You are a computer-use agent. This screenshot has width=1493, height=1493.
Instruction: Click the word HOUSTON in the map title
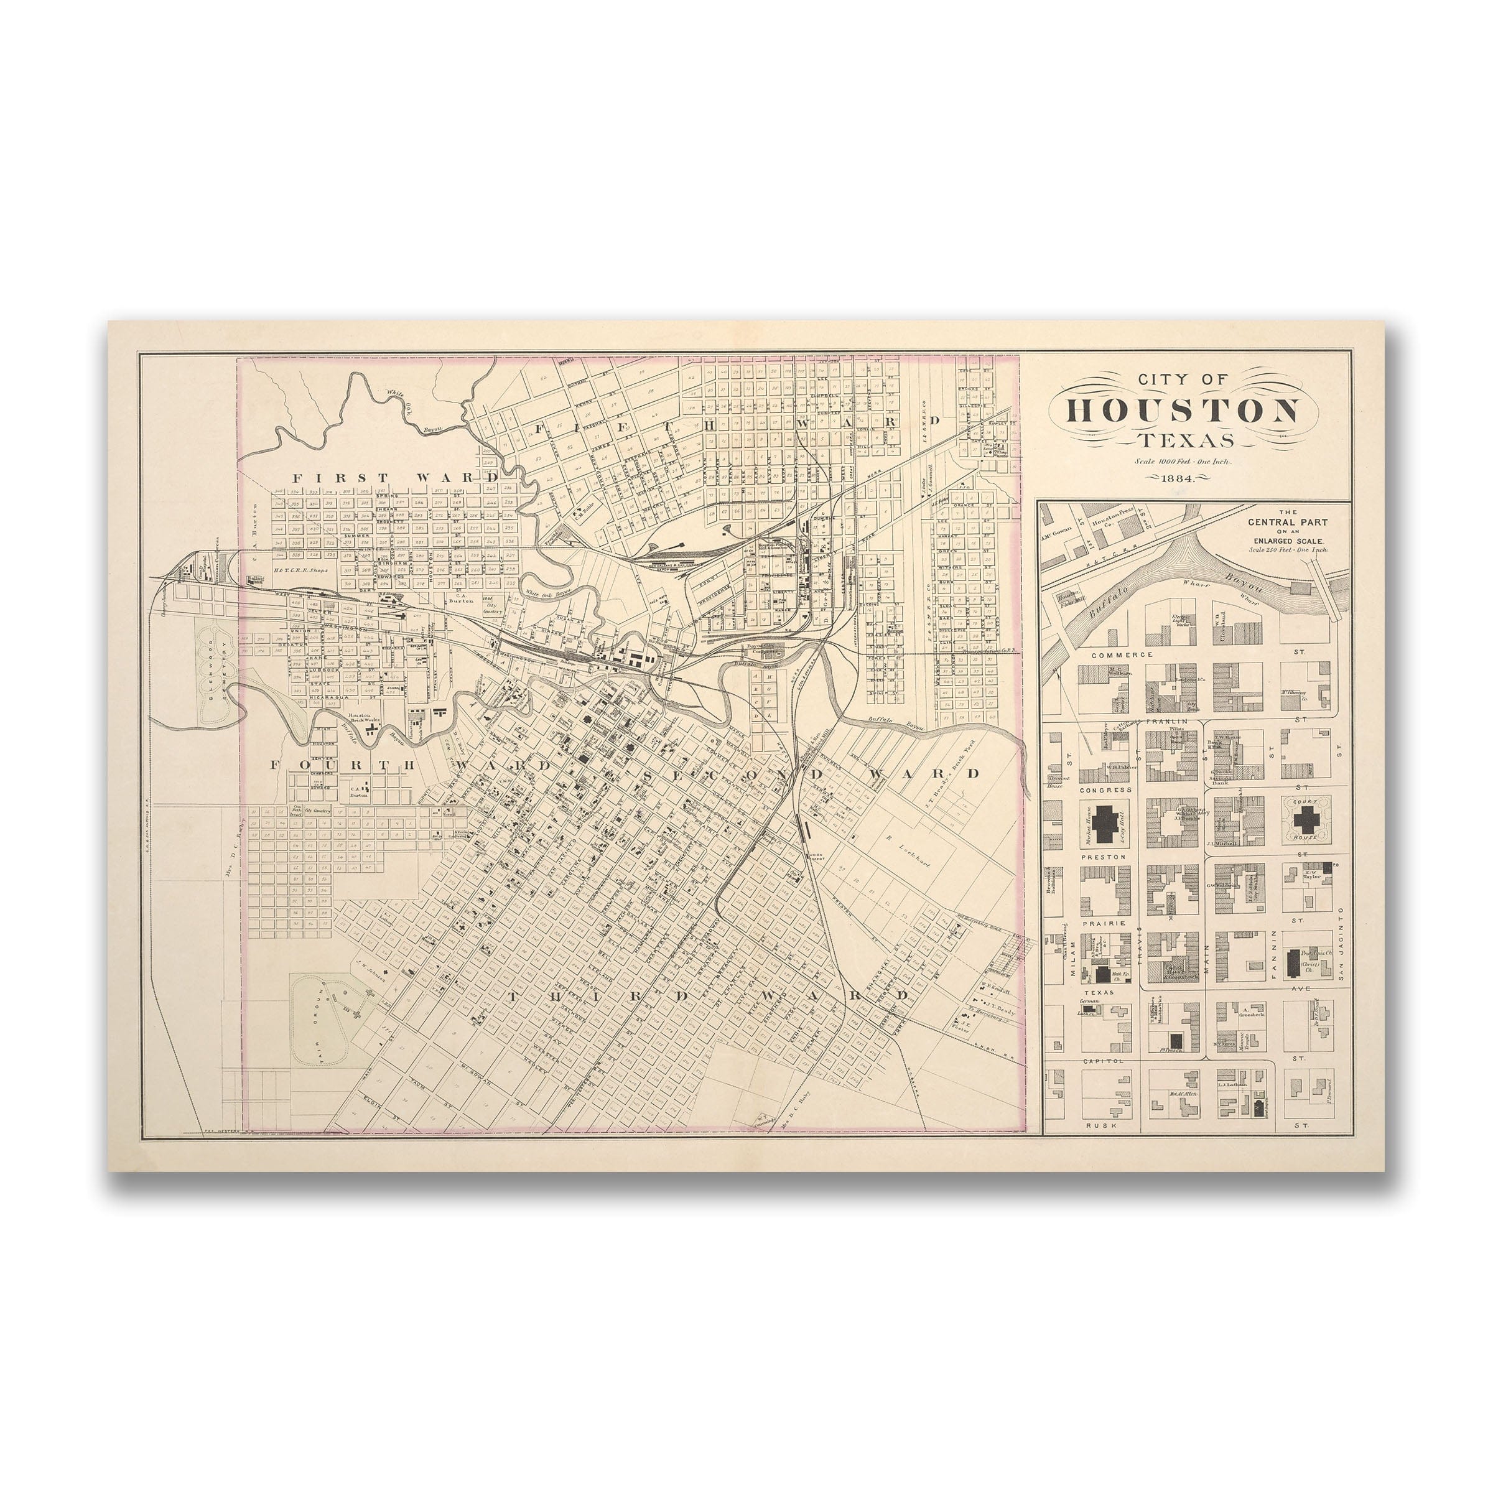(1183, 411)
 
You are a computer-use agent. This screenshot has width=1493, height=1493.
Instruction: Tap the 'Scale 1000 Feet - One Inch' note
(1183, 462)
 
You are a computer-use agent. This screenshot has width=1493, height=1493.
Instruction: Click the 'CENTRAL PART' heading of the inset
(1288, 522)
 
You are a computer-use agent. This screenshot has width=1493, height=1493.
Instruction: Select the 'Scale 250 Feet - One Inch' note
(1288, 550)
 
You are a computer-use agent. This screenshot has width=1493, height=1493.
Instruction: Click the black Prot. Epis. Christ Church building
(1292, 962)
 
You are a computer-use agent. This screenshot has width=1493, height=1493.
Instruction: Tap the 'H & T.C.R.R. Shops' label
(300, 570)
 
